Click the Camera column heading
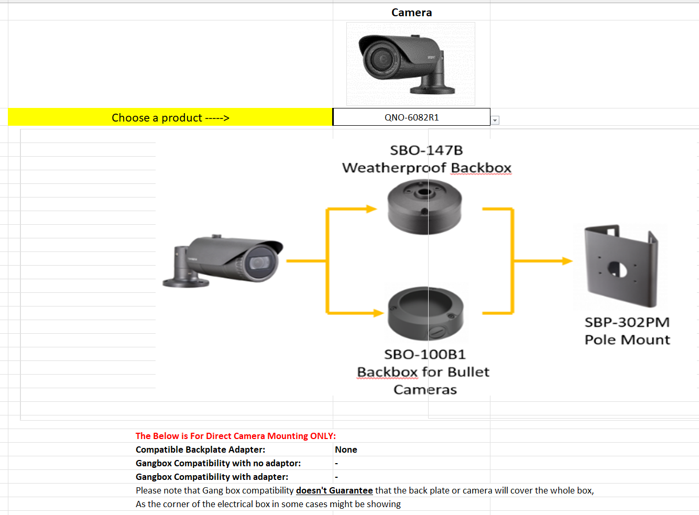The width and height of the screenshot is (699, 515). tap(411, 13)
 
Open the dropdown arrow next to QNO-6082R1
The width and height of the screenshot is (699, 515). tap(495, 120)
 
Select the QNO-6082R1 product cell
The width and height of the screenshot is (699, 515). tap(411, 117)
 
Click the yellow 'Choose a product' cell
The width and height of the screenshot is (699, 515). tap(170, 117)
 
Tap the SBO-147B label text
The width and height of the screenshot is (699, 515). tap(427, 150)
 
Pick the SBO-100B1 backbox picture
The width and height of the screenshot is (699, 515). tap(425, 313)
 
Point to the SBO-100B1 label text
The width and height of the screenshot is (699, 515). tap(424, 355)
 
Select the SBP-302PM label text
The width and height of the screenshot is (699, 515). tap(627, 322)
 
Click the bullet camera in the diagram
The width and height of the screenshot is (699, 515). tap(224, 260)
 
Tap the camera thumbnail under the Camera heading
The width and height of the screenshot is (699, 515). tap(410, 63)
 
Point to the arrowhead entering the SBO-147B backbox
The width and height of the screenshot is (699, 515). tap(372, 209)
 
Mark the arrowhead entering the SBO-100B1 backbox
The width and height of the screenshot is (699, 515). tap(378, 313)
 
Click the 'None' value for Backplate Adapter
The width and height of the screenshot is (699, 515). tap(346, 450)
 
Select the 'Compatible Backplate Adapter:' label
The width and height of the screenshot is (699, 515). tap(200, 450)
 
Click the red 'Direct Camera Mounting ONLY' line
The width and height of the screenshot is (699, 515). tap(235, 436)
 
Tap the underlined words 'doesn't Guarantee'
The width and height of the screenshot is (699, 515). tap(334, 490)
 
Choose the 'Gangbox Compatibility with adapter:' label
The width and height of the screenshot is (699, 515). tap(212, 477)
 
